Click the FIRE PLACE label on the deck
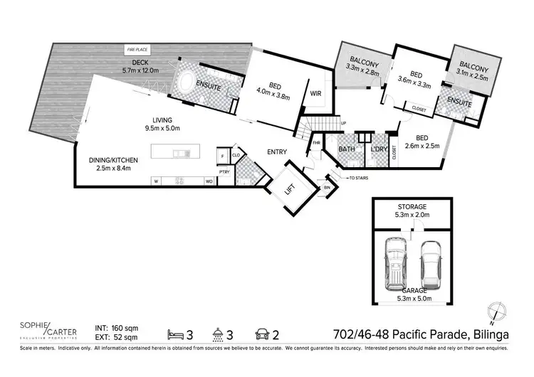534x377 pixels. point(137,50)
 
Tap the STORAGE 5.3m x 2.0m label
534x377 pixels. point(414,211)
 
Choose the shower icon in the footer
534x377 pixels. point(219,332)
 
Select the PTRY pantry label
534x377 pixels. point(224,171)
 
